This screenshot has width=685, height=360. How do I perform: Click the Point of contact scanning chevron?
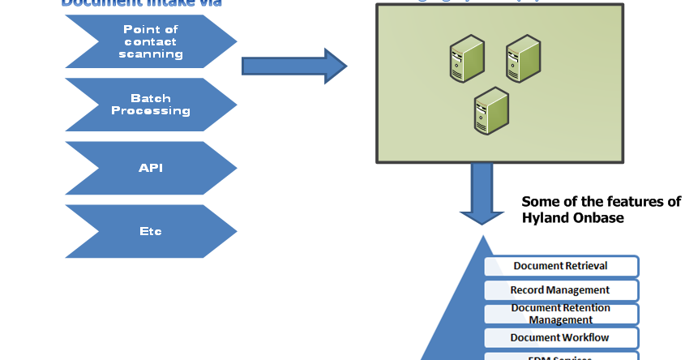pyautogui.click(x=151, y=41)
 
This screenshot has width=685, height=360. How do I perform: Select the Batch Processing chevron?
pyautogui.click(x=151, y=105)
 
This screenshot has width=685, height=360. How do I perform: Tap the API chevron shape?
pyautogui.click(x=151, y=168)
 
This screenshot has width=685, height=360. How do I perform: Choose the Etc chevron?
pyautogui.click(x=151, y=231)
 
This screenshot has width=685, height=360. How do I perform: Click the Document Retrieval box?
pyautogui.click(x=561, y=266)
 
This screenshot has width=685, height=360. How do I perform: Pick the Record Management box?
pyautogui.click(x=561, y=289)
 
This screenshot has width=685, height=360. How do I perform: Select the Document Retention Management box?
pyautogui.click(x=561, y=314)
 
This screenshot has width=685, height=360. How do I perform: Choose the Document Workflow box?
pyautogui.click(x=561, y=337)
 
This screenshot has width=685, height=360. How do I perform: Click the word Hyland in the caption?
pyautogui.click(x=543, y=218)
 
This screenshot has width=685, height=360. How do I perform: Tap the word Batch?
pyautogui.click(x=151, y=98)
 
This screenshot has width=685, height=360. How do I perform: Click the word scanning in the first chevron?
pyautogui.click(x=151, y=54)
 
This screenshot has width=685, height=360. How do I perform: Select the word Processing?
pyautogui.click(x=151, y=110)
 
